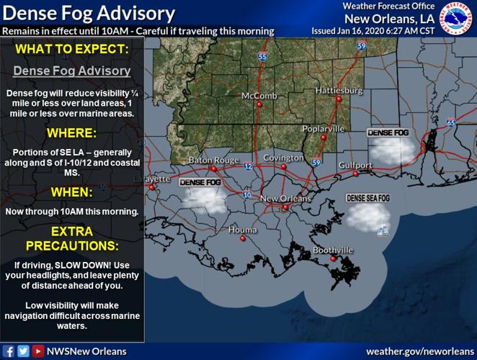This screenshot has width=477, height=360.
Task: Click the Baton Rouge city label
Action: pos(213,160)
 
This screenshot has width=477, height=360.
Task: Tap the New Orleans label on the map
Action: pos(285,199)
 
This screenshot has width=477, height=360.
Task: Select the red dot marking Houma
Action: pos(243,238)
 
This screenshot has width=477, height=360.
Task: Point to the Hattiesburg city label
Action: pos(338,91)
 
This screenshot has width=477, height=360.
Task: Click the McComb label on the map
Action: pos(259,96)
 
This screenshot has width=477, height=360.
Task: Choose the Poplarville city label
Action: pos(324,129)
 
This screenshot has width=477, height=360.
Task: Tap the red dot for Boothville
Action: pos(333,258)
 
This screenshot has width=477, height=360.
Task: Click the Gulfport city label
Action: pos(355,165)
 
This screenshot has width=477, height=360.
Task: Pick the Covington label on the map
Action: pos(283,158)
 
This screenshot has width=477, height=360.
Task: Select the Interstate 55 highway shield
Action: pos(262,55)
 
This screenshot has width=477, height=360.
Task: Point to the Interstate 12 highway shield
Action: pos(248,167)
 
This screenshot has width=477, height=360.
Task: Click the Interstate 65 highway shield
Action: pos(450,123)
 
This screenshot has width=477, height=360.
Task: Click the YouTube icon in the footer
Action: pos(37,351)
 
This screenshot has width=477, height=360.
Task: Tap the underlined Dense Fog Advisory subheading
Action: pos(72,71)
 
